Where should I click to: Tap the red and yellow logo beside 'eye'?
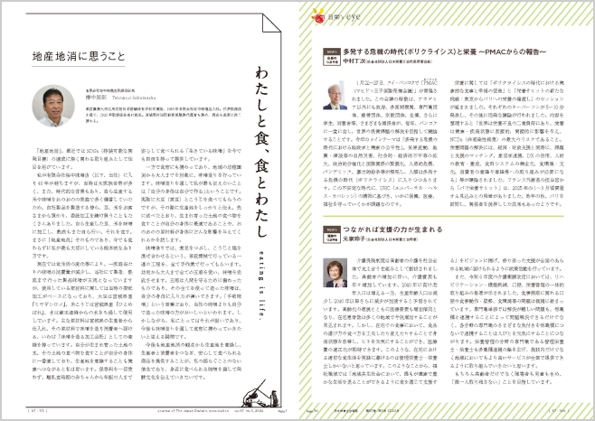(x=317, y=14)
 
